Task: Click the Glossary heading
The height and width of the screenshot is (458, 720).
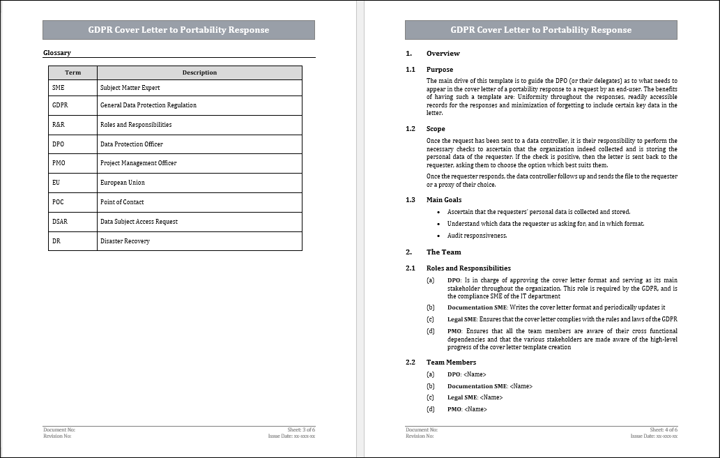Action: pyautogui.click(x=57, y=53)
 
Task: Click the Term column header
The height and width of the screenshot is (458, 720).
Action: pyautogui.click(x=72, y=72)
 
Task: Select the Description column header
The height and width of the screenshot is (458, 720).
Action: pyautogui.click(x=199, y=72)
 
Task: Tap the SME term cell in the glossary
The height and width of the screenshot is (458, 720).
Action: pyautogui.click(x=72, y=88)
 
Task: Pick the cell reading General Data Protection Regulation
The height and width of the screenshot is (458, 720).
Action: pyautogui.click(x=148, y=105)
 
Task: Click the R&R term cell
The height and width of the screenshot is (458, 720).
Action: pyautogui.click(x=72, y=125)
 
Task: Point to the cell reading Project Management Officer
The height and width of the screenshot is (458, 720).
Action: pyautogui.click(x=139, y=163)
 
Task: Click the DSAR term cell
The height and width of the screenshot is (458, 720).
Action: pyautogui.click(x=72, y=222)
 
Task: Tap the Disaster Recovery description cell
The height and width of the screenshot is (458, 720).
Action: pyautogui.click(x=125, y=241)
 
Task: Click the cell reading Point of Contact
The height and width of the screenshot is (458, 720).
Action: pyautogui.click(x=122, y=202)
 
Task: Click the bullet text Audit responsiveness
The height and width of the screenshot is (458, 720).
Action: pyautogui.click(x=477, y=236)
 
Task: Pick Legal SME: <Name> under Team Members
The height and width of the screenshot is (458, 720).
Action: pyautogui.click(x=475, y=397)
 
